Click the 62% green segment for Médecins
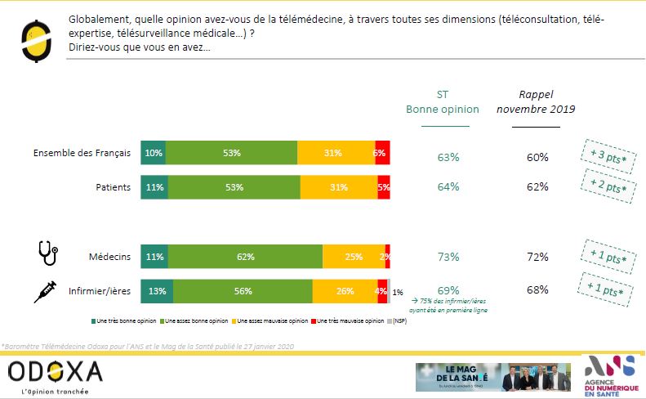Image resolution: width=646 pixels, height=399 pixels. click(x=245, y=257)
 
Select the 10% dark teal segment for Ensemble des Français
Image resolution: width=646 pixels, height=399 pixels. click(x=153, y=153)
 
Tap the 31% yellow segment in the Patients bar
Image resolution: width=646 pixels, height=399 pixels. click(x=338, y=187)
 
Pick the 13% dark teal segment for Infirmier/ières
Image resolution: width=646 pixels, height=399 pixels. click(x=157, y=291)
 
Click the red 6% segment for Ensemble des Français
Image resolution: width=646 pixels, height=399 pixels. click(x=381, y=153)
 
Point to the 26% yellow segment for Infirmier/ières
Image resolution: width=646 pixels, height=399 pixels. click(x=345, y=291)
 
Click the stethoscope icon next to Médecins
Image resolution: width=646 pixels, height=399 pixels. click(x=48, y=254)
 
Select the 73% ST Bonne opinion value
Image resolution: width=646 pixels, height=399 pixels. click(x=448, y=258)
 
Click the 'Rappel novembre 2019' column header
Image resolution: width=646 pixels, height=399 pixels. click(x=536, y=101)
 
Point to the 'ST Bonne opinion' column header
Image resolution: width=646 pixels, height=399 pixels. click(x=443, y=101)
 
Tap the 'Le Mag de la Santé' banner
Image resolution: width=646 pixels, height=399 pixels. click(x=492, y=377)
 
